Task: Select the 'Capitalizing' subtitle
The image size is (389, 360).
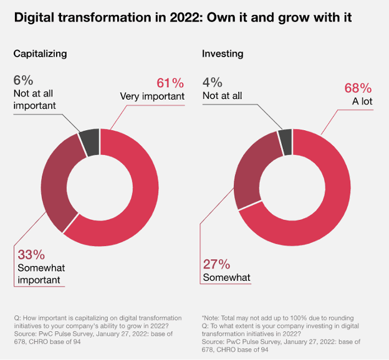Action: pos(40,54)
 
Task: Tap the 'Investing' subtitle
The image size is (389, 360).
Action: pos(223,54)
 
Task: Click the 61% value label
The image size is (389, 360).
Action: pos(170,82)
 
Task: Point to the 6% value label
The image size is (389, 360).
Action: pos(24,80)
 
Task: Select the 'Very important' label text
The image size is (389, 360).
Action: pos(152,97)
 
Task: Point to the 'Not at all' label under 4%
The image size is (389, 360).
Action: pos(222,95)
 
